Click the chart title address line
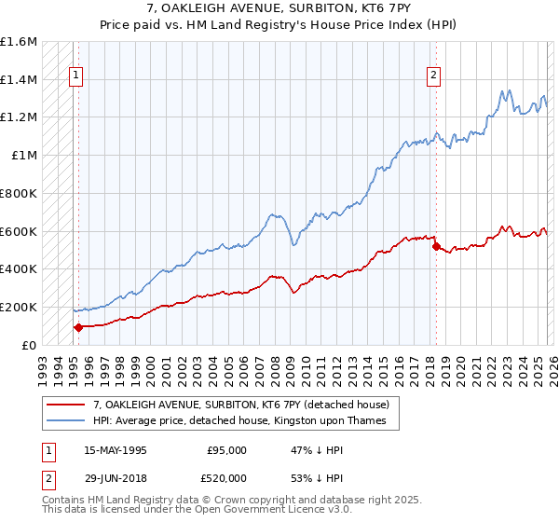click(279, 8)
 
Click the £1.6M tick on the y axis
click(19, 42)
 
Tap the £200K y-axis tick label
click(19, 307)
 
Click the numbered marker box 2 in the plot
click(434, 77)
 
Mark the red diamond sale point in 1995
click(78, 327)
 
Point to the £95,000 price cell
click(226, 449)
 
